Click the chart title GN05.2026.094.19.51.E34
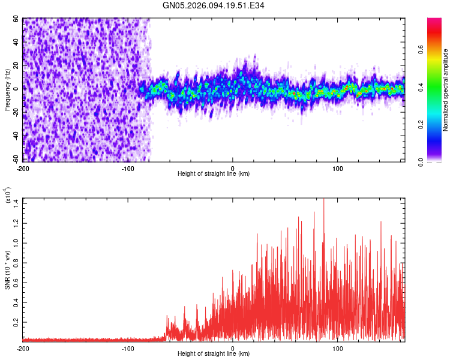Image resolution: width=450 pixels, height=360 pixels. [214, 6]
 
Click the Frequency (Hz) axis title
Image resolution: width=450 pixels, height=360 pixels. [7, 91]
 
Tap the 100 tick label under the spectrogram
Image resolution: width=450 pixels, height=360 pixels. [337, 168]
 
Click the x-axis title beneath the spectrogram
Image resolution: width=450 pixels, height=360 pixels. [214, 174]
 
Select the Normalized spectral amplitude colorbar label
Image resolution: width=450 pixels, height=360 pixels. [446, 90]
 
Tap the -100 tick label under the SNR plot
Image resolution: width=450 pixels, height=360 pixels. [128, 348]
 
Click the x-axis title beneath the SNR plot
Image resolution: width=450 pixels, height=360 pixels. [214, 354]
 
